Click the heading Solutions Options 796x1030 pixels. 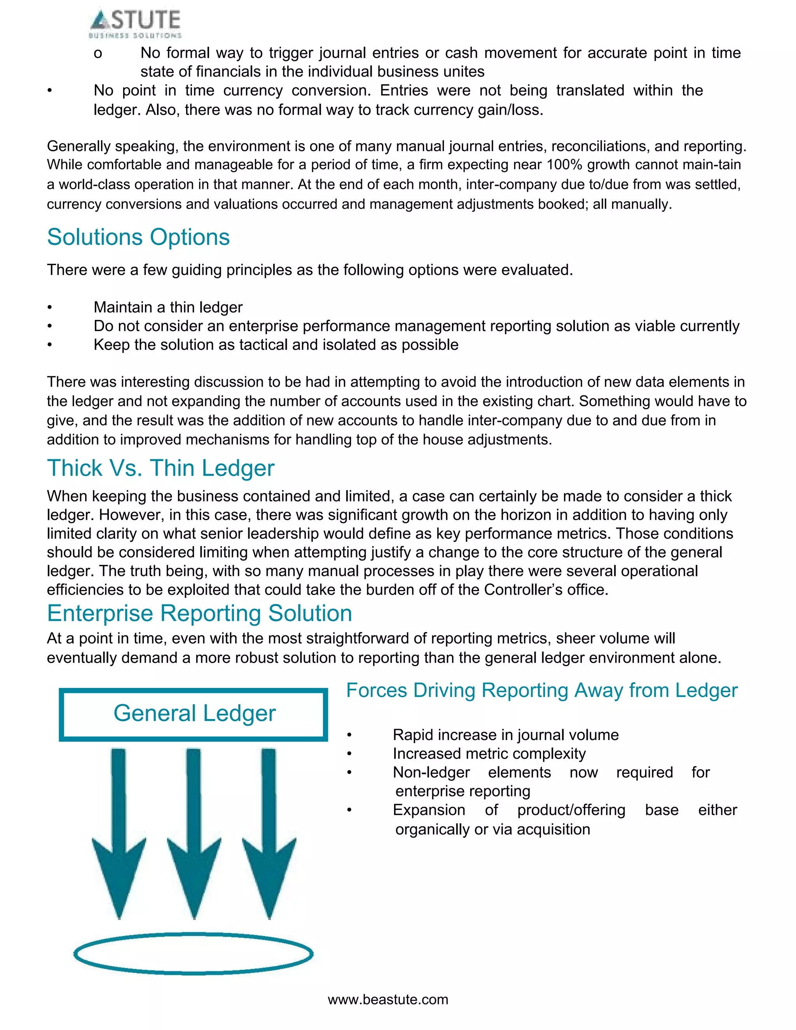coord(138,237)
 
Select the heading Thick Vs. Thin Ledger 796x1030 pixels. coord(161,468)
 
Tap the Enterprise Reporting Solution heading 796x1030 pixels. coord(199,614)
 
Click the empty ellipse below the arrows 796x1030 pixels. coord(193,953)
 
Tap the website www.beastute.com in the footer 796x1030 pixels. coord(388,999)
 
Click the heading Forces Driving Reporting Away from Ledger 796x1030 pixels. coord(541,690)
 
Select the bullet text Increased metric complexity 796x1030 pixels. coord(489,754)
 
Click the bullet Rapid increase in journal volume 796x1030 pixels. coord(506,735)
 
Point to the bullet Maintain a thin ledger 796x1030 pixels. coord(168,307)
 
